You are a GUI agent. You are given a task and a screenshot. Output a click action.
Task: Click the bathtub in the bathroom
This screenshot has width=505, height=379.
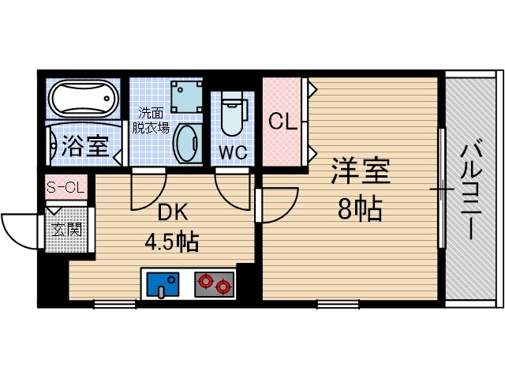pos(83,99)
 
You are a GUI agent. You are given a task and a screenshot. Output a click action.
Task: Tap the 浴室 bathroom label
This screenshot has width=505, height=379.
pos(85,146)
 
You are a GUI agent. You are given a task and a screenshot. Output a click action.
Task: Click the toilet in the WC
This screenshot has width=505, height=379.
pos(233,114)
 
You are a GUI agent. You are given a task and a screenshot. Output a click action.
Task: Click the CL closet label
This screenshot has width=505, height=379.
pos(282,122)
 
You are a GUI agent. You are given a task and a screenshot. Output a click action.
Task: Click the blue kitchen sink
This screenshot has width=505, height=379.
pos(164,283)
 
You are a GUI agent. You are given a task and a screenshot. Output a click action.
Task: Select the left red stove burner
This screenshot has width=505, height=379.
pos(208,280)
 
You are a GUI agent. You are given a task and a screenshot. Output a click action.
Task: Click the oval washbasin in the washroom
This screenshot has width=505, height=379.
pos(188,143)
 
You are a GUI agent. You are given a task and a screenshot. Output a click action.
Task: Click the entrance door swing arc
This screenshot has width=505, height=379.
pos(20,229)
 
